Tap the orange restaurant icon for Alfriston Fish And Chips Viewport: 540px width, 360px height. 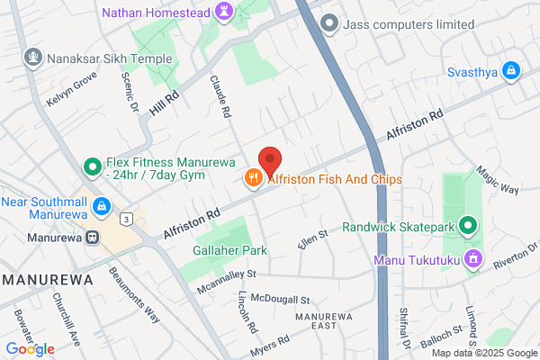[x=255, y=179]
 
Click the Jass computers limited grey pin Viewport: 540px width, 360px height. [x=330, y=23]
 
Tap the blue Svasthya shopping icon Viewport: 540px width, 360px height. [x=510, y=69]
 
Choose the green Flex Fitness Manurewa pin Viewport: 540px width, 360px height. [x=92, y=167]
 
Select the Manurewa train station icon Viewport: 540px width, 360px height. [x=91, y=238]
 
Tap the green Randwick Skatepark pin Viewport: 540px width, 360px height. [x=467, y=226]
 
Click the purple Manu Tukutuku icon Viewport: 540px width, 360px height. [x=475, y=260]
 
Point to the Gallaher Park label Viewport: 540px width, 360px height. [x=230, y=249]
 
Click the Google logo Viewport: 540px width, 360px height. [x=30, y=348]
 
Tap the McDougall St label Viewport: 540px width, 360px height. [x=280, y=299]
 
